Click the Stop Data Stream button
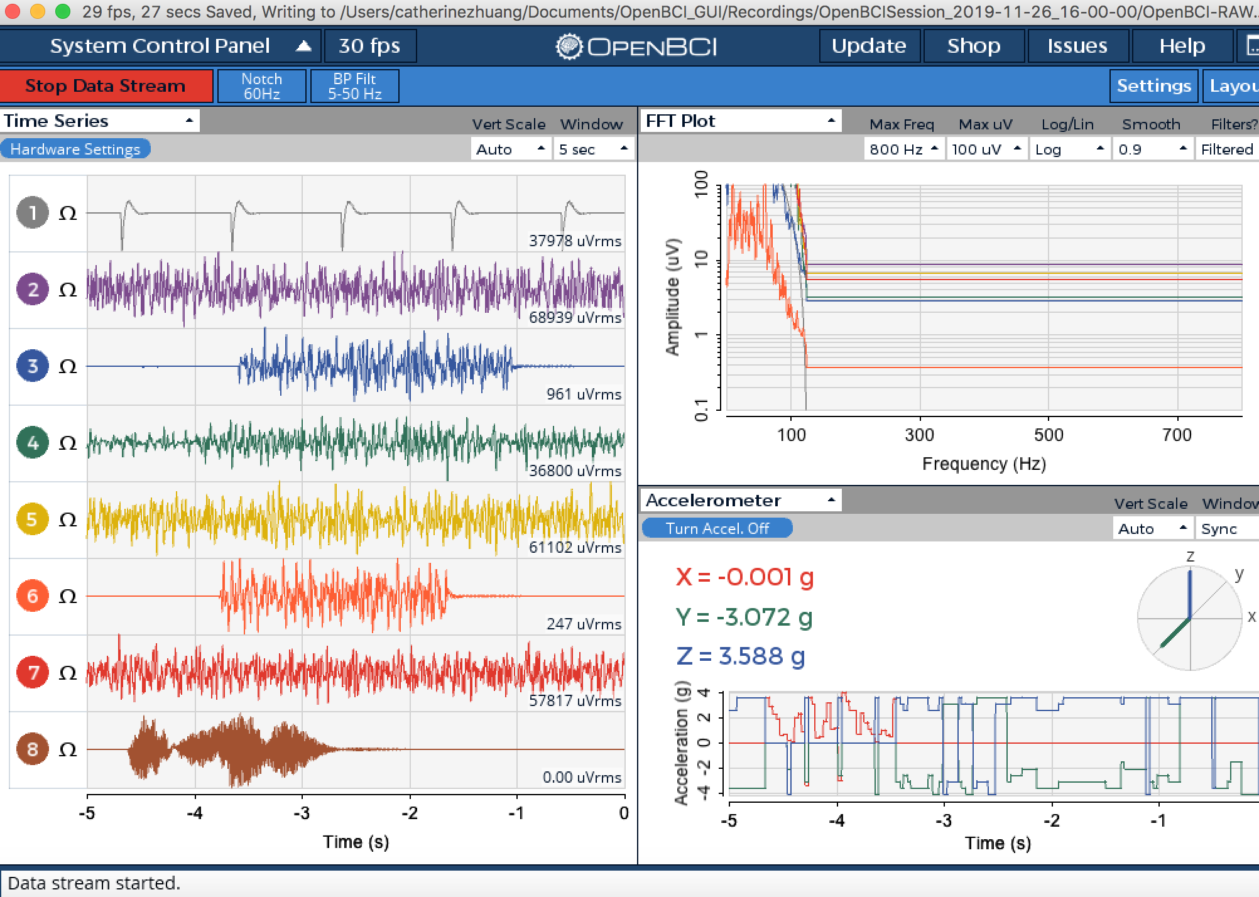(106, 86)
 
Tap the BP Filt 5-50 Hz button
(355, 86)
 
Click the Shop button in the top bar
(974, 46)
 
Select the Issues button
(1077, 46)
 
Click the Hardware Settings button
(75, 149)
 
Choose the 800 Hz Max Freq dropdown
(903, 149)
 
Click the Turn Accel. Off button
(717, 528)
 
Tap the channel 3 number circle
(33, 366)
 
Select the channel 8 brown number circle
(33, 749)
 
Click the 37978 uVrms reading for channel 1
(575, 241)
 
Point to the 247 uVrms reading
(584, 624)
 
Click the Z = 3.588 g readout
(741, 656)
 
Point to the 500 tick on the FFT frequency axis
(1049, 435)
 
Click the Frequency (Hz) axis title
(984, 464)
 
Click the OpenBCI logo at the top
(636, 46)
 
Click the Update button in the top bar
(869, 46)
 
